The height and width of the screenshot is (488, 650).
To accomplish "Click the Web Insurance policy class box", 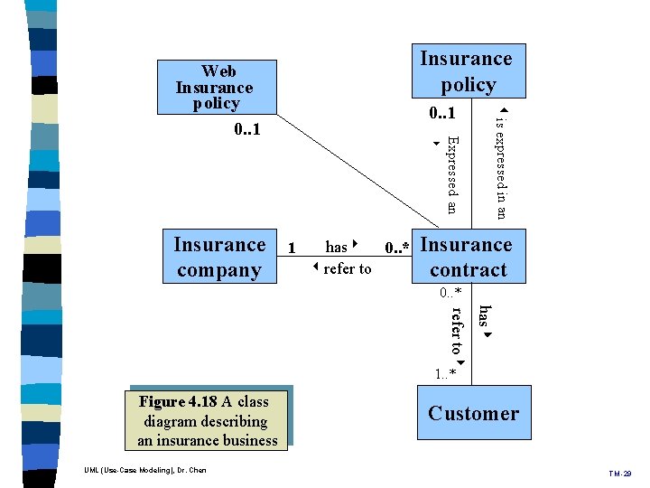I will [215, 87].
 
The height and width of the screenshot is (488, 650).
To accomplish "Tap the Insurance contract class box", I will [467, 258].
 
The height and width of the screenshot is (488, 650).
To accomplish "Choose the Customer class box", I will [473, 414].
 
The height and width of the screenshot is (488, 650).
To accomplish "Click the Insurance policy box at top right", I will [467, 71].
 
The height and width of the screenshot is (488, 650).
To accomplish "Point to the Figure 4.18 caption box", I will [208, 421].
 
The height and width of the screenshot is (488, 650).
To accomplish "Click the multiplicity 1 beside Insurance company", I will [291, 248].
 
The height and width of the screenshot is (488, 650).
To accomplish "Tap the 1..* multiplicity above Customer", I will [445, 373].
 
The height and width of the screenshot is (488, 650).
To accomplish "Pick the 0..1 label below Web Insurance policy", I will [246, 130].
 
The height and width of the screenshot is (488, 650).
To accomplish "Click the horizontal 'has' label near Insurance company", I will [338, 247].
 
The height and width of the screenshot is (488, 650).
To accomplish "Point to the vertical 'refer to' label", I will [458, 332].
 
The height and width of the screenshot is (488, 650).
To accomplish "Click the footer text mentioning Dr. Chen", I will [144, 470].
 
